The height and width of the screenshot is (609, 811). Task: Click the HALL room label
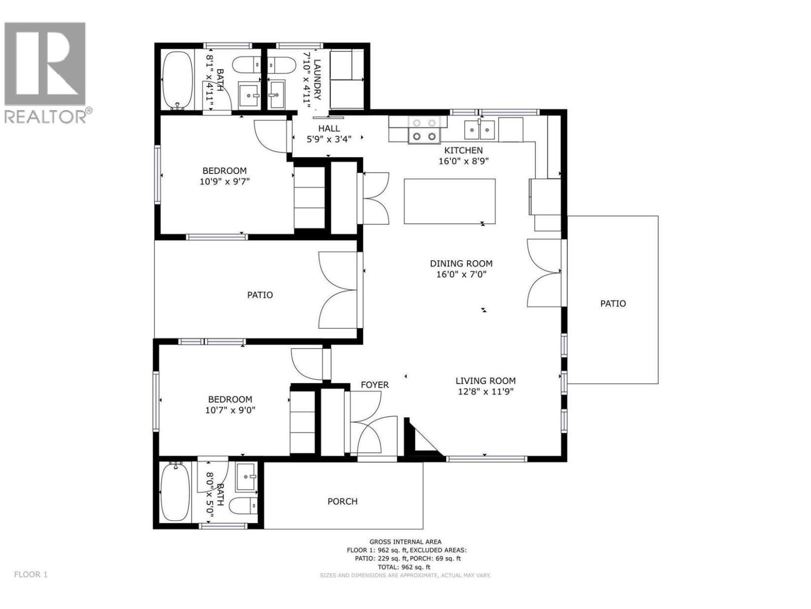329,128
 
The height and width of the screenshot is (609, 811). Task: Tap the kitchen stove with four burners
424,129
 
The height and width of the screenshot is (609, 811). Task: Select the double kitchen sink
480,130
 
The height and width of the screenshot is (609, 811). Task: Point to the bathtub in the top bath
177,80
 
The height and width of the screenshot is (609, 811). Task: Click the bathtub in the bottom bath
175,493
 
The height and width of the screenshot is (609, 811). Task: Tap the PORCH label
342,501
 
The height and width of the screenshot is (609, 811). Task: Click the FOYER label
375,385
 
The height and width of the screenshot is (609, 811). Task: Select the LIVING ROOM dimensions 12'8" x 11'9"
485,391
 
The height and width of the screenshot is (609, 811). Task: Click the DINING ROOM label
461,263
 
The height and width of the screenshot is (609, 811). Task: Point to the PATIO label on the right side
613,303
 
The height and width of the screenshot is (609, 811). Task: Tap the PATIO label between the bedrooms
260,295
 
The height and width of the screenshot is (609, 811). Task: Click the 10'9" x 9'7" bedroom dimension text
225,181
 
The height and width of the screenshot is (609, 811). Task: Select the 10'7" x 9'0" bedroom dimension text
230,410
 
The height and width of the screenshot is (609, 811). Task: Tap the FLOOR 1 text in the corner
31,574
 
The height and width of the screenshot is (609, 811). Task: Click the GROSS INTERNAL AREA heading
405,542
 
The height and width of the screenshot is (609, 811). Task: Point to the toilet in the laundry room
282,65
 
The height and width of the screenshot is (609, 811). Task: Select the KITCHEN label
463,150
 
